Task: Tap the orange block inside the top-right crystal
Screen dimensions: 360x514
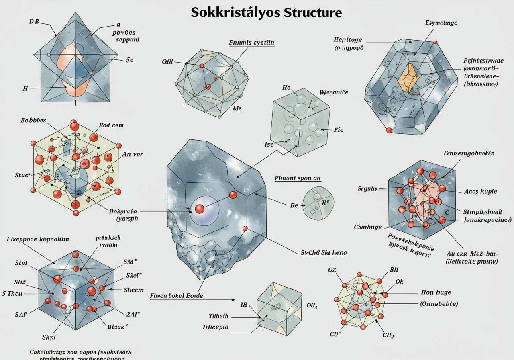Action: tap(409, 77)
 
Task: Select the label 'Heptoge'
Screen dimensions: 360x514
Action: tap(348, 39)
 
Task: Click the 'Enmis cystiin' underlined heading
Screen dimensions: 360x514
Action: tap(252, 42)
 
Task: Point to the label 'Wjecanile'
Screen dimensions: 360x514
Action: tap(334, 92)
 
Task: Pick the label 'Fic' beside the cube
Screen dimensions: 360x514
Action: tap(339, 130)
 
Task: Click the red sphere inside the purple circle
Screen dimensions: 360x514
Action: tap(200, 209)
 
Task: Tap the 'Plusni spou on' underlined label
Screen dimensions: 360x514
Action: tap(298, 178)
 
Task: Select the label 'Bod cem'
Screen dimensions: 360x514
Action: tap(111, 125)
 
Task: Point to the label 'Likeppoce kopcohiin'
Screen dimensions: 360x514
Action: tap(38, 239)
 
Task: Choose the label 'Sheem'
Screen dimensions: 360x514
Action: tap(133, 290)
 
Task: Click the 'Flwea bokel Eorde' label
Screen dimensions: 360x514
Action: tap(176, 295)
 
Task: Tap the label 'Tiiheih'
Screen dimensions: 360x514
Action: tap(218, 316)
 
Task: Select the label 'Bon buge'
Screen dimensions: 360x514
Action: tap(436, 292)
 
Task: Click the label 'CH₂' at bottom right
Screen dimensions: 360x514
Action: tap(388, 335)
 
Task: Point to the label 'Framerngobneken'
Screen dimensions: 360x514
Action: tap(469, 153)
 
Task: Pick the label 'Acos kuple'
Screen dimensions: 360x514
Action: tap(480, 191)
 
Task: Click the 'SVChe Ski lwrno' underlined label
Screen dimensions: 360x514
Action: tap(324, 253)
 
